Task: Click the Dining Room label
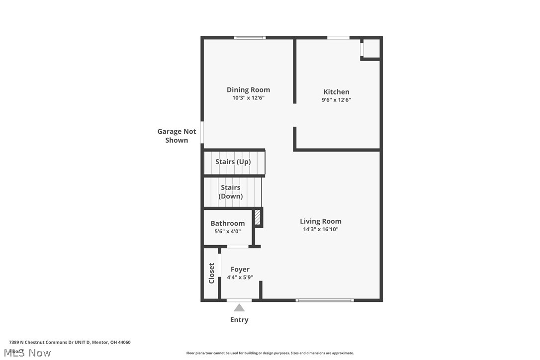(248, 90)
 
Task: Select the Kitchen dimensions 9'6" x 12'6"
(336, 100)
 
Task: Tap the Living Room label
(320, 221)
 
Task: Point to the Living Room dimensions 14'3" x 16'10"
(320, 230)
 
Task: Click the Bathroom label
(227, 223)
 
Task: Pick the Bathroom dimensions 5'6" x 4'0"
(227, 231)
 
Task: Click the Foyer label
(240, 270)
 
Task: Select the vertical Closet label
(211, 273)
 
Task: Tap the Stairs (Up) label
(233, 162)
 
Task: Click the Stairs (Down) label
(231, 191)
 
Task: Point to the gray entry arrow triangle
(239, 308)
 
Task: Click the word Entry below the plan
(239, 320)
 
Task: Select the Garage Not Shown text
(177, 136)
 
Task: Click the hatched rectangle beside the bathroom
(258, 218)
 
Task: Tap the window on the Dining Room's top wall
(250, 37)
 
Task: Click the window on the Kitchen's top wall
(338, 37)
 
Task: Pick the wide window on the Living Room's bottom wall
(325, 300)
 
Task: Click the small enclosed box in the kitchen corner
(371, 49)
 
